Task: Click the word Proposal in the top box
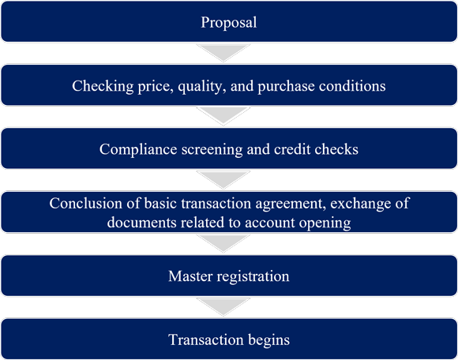(229, 22)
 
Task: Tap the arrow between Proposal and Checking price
(223, 53)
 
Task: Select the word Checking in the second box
(103, 86)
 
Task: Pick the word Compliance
(138, 150)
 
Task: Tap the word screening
(212, 150)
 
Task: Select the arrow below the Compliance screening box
(223, 179)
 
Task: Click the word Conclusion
(85, 203)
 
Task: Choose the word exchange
(361, 204)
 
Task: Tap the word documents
(141, 223)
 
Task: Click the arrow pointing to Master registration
(223, 243)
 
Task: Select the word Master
(190, 276)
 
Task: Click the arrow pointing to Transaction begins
(223, 307)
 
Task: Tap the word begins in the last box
(268, 340)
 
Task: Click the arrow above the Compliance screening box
(223, 116)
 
